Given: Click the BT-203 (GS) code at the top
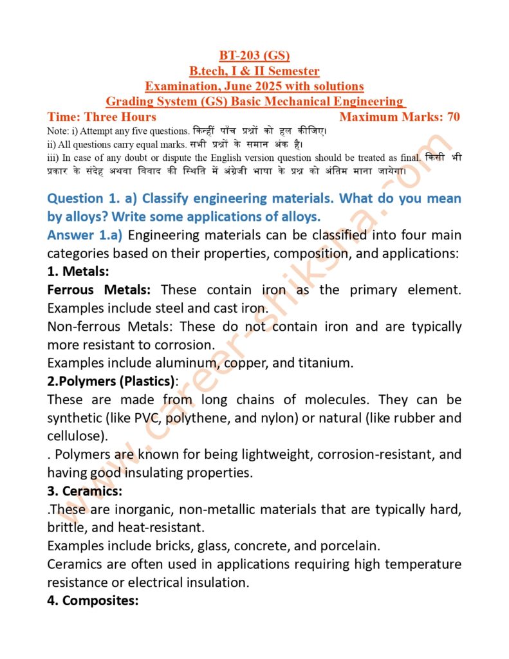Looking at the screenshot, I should (x=254, y=56).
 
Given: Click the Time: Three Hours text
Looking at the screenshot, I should (x=102, y=116).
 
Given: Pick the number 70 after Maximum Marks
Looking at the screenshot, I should (x=453, y=116).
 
